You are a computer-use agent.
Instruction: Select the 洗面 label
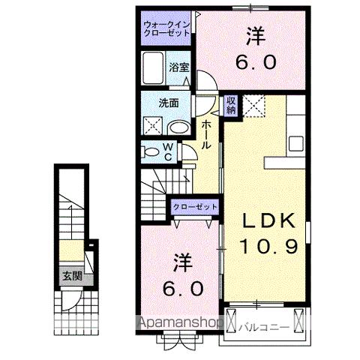[x=168, y=103]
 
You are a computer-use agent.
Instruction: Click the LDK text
[x=262, y=222]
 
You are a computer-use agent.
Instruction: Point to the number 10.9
[x=262, y=244]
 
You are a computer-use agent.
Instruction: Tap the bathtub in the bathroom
[x=154, y=69]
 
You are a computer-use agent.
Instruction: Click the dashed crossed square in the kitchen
[x=253, y=104]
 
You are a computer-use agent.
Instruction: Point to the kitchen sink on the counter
[x=295, y=142]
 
